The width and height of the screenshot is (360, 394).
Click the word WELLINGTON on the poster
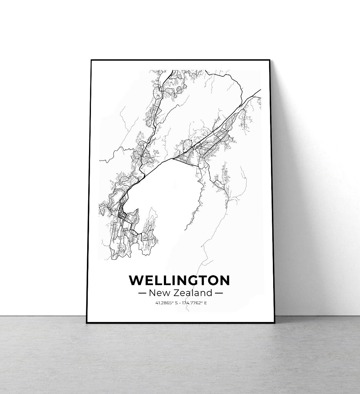[179, 280]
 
